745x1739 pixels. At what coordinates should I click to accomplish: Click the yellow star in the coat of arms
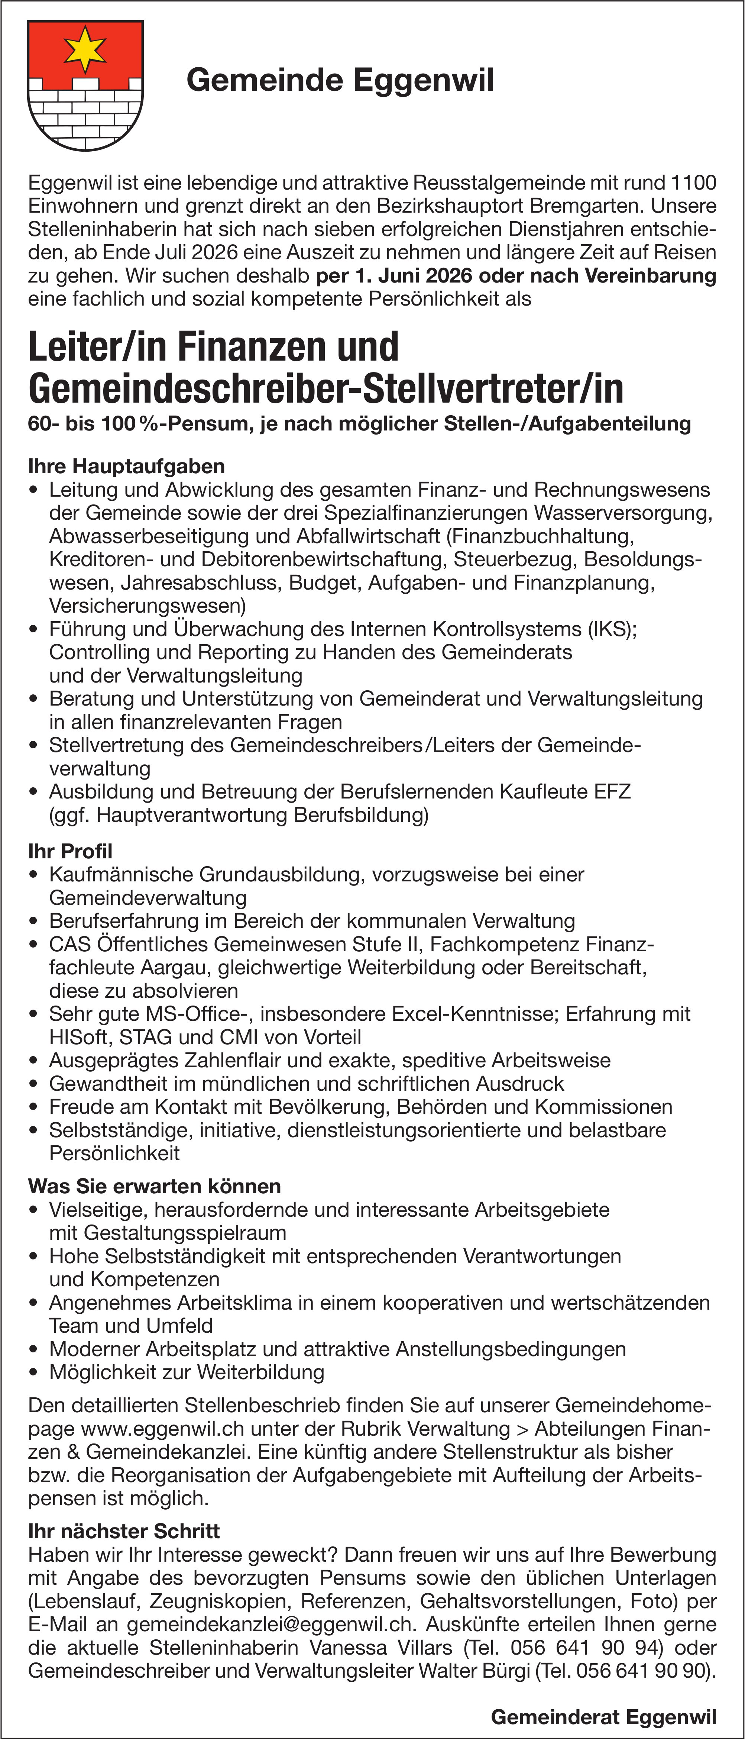point(85,49)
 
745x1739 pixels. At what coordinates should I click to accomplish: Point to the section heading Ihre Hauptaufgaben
point(126,467)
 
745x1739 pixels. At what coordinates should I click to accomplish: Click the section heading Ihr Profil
point(70,851)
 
